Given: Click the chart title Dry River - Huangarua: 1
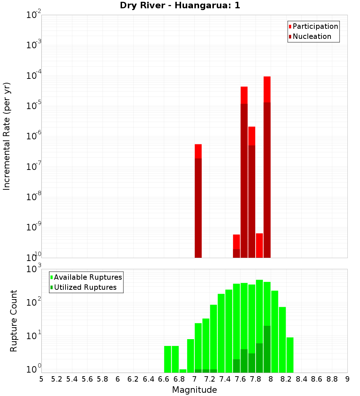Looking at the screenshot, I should coord(180,5).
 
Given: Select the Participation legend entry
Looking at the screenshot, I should coord(313,27).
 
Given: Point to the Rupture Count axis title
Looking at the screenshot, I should coord(14,321).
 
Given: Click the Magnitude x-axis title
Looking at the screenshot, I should coord(194,390).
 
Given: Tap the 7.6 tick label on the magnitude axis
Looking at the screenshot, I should coord(240,379).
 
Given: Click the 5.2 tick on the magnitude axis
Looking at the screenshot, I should coord(57,379).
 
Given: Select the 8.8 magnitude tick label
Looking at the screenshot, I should coord(332,379).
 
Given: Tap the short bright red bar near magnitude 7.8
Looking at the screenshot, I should coord(259,245).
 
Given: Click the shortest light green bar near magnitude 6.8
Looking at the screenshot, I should coord(183,371).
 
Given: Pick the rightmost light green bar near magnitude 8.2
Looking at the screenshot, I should coord(290,355).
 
